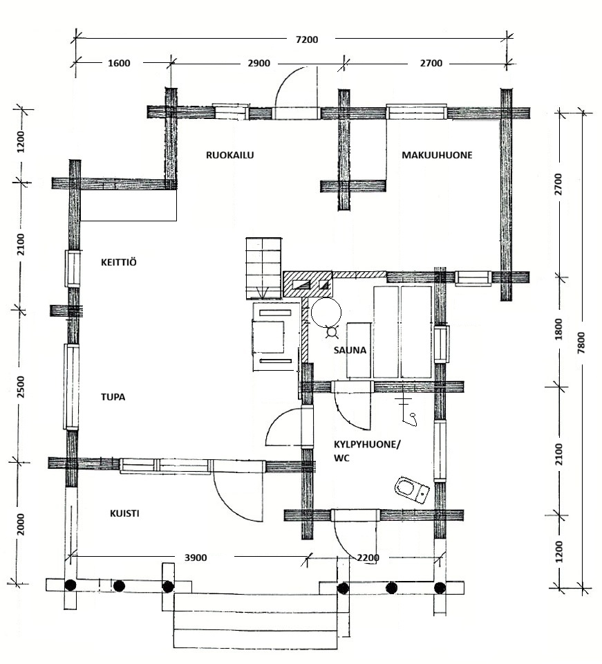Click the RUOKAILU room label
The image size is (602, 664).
[x=229, y=155]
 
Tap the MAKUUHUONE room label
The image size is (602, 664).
[x=437, y=155]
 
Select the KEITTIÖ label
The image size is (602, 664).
[x=118, y=262]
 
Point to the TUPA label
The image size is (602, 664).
[x=113, y=397]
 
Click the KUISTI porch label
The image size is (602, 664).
[x=124, y=514]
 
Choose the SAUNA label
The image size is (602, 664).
[x=350, y=350]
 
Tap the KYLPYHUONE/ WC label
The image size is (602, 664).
[x=366, y=451]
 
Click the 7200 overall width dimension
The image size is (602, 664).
[x=307, y=40]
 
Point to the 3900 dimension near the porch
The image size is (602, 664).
[x=196, y=557]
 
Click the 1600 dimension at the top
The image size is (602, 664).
[x=119, y=64]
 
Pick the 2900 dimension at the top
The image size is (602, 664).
[x=259, y=64]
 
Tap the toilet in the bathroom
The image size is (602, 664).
[x=412, y=490]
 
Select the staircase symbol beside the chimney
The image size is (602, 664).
[x=263, y=268]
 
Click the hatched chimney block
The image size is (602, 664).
[x=308, y=284]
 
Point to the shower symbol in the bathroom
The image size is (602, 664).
[x=408, y=410]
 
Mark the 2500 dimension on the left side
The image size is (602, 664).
[x=21, y=387]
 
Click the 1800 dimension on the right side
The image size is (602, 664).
[x=558, y=329]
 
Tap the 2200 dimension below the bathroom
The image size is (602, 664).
[x=368, y=557]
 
